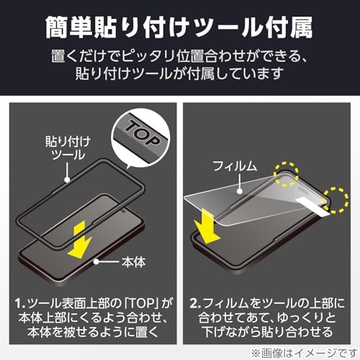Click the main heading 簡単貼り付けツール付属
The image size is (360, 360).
[179, 27]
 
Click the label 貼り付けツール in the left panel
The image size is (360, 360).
[68, 148]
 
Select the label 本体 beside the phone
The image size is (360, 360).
[133, 262]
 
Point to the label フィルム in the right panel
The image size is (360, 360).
[235, 166]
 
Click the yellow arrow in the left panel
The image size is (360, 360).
[80, 240]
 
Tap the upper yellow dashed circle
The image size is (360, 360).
[287, 174]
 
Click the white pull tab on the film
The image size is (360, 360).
[312, 207]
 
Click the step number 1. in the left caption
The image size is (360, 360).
[20, 303]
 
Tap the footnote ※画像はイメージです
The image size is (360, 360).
[304, 353]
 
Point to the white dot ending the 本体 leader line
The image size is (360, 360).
[96, 261]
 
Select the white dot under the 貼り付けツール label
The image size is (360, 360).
[68, 180]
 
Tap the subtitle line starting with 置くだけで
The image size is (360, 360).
[179, 57]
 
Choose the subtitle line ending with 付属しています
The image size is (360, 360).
[179, 73]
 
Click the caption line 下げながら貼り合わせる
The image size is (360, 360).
[267, 332]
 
